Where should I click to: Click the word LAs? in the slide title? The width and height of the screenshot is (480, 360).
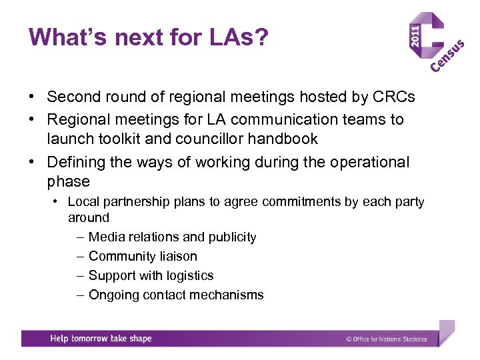[233, 37]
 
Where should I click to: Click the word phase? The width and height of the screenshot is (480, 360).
[68, 181]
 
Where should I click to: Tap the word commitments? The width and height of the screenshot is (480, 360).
[301, 201]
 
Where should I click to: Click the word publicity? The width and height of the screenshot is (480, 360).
[231, 237]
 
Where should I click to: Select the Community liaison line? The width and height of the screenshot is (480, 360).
[143, 256]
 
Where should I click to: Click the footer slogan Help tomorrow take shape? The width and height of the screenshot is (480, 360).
[101, 339]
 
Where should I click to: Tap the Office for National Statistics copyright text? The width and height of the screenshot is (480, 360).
[387, 339]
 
